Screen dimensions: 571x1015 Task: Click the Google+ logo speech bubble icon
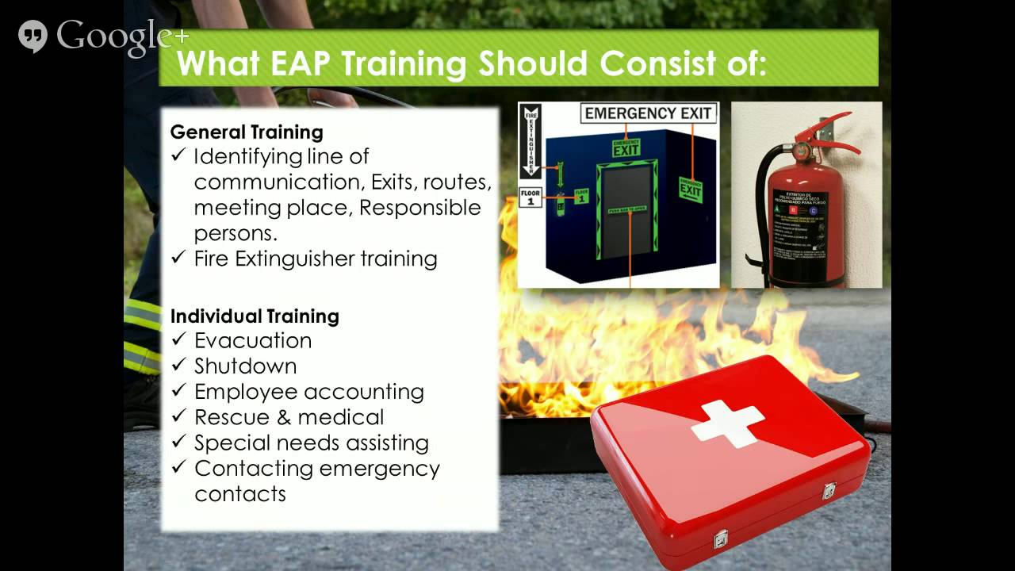point(33,36)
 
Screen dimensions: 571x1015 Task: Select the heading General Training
point(247,132)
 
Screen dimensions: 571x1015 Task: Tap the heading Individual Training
point(255,316)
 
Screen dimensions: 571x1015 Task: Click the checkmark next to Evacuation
point(178,341)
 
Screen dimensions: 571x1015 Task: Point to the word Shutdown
point(246,366)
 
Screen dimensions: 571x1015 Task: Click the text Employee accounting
point(309,392)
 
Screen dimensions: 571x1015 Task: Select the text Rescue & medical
point(289,417)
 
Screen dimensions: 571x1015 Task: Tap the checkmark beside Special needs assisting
point(178,443)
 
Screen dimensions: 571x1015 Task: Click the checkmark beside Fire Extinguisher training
point(178,259)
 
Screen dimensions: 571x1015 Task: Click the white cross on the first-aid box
point(727,421)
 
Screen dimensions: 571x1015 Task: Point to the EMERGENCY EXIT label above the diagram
point(648,113)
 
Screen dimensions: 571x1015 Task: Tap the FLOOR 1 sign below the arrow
point(530,197)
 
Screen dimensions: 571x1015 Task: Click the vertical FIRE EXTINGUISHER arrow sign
point(530,143)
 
